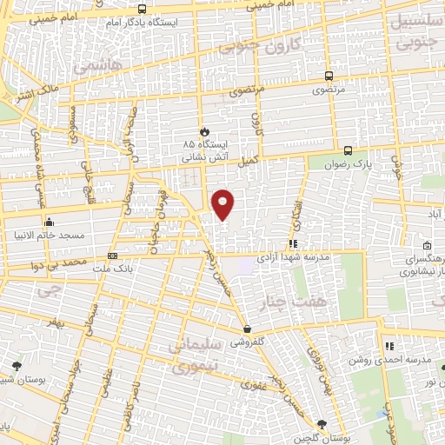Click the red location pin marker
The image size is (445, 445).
224,204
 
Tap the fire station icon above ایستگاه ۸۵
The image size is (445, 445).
204,130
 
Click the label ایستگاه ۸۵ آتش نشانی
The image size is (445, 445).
203,150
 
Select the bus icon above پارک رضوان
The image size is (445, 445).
348,149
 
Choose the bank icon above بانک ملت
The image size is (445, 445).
112,256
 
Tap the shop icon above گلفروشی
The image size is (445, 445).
249,329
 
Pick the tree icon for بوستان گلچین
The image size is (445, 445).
323,423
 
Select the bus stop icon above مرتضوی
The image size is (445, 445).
329,76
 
